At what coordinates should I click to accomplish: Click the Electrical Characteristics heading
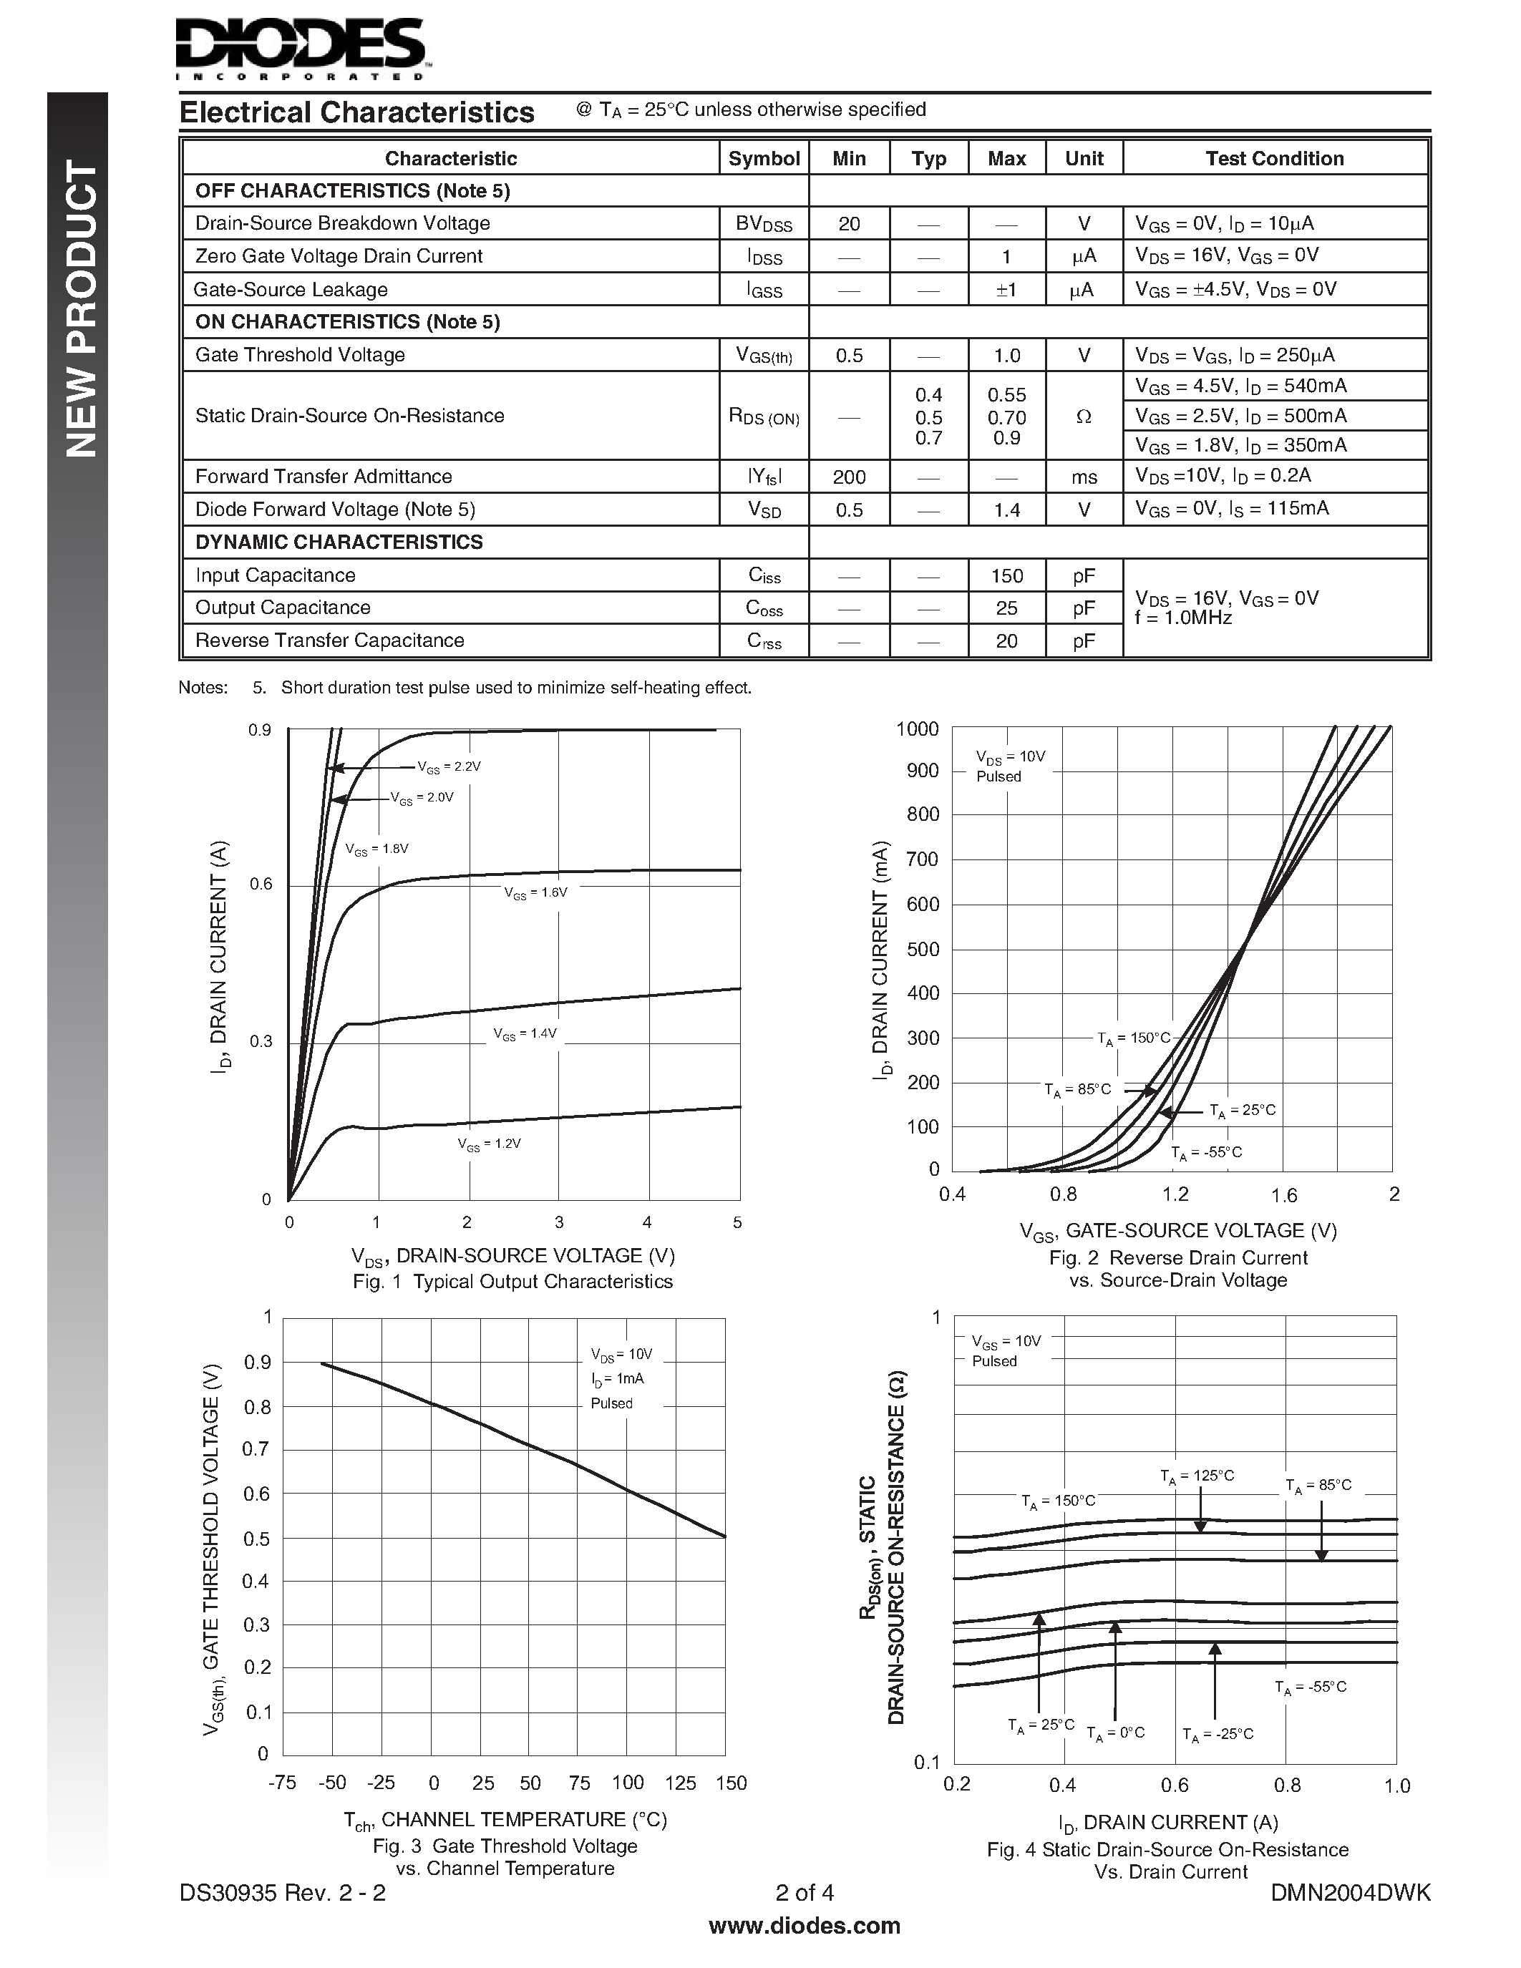point(357,112)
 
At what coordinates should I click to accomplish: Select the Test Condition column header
point(1274,159)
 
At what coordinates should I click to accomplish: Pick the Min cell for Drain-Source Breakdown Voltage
point(849,223)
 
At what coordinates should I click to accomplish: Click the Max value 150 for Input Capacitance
point(1006,575)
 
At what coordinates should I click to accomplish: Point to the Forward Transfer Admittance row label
point(324,476)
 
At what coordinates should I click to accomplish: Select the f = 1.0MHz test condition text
point(1183,618)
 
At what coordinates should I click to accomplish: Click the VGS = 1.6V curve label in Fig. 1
point(535,892)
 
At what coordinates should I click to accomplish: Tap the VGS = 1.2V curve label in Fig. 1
point(490,1144)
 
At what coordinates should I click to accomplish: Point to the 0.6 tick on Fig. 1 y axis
point(261,884)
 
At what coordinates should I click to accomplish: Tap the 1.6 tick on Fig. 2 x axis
point(1283,1195)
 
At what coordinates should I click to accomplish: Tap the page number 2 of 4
point(805,1892)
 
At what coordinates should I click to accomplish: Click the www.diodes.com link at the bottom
point(805,1926)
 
